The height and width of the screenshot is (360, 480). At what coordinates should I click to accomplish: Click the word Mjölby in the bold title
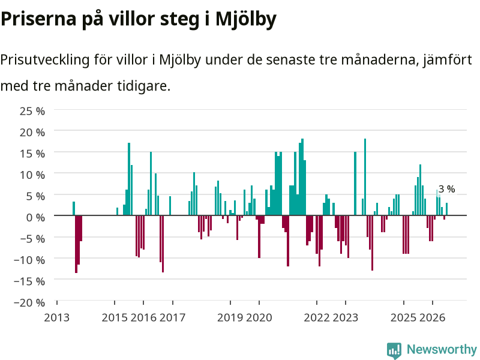(246, 19)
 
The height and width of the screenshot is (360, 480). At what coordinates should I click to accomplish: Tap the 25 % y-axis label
(32, 111)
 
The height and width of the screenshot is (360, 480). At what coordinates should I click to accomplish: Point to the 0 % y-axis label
(35, 218)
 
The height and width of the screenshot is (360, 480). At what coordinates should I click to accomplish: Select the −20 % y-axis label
(29, 303)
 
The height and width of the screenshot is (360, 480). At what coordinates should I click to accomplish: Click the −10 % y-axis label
(29, 260)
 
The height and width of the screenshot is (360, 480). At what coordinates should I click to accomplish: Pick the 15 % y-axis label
(32, 154)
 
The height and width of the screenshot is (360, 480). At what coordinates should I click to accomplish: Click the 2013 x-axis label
(57, 318)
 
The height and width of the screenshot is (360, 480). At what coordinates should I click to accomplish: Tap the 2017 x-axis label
(173, 318)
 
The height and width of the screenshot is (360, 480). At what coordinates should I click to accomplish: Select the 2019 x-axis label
(230, 318)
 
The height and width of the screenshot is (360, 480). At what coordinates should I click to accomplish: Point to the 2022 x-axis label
(317, 318)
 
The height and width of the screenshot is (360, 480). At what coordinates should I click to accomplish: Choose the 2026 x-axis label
(432, 318)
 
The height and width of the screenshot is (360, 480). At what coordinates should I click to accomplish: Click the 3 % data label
(446, 189)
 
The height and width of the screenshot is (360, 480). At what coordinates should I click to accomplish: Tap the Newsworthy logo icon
(394, 350)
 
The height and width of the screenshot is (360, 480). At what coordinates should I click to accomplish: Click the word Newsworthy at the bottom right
(442, 349)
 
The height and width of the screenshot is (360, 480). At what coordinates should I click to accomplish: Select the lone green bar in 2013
(74, 208)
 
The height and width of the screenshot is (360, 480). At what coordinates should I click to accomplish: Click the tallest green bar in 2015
(129, 179)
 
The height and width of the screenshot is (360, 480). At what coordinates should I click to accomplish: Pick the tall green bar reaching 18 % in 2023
(365, 177)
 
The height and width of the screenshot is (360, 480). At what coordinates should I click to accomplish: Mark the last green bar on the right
(446, 209)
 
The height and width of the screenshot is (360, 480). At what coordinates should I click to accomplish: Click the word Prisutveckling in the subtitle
(45, 60)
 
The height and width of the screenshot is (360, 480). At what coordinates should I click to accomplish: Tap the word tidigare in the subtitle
(143, 86)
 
